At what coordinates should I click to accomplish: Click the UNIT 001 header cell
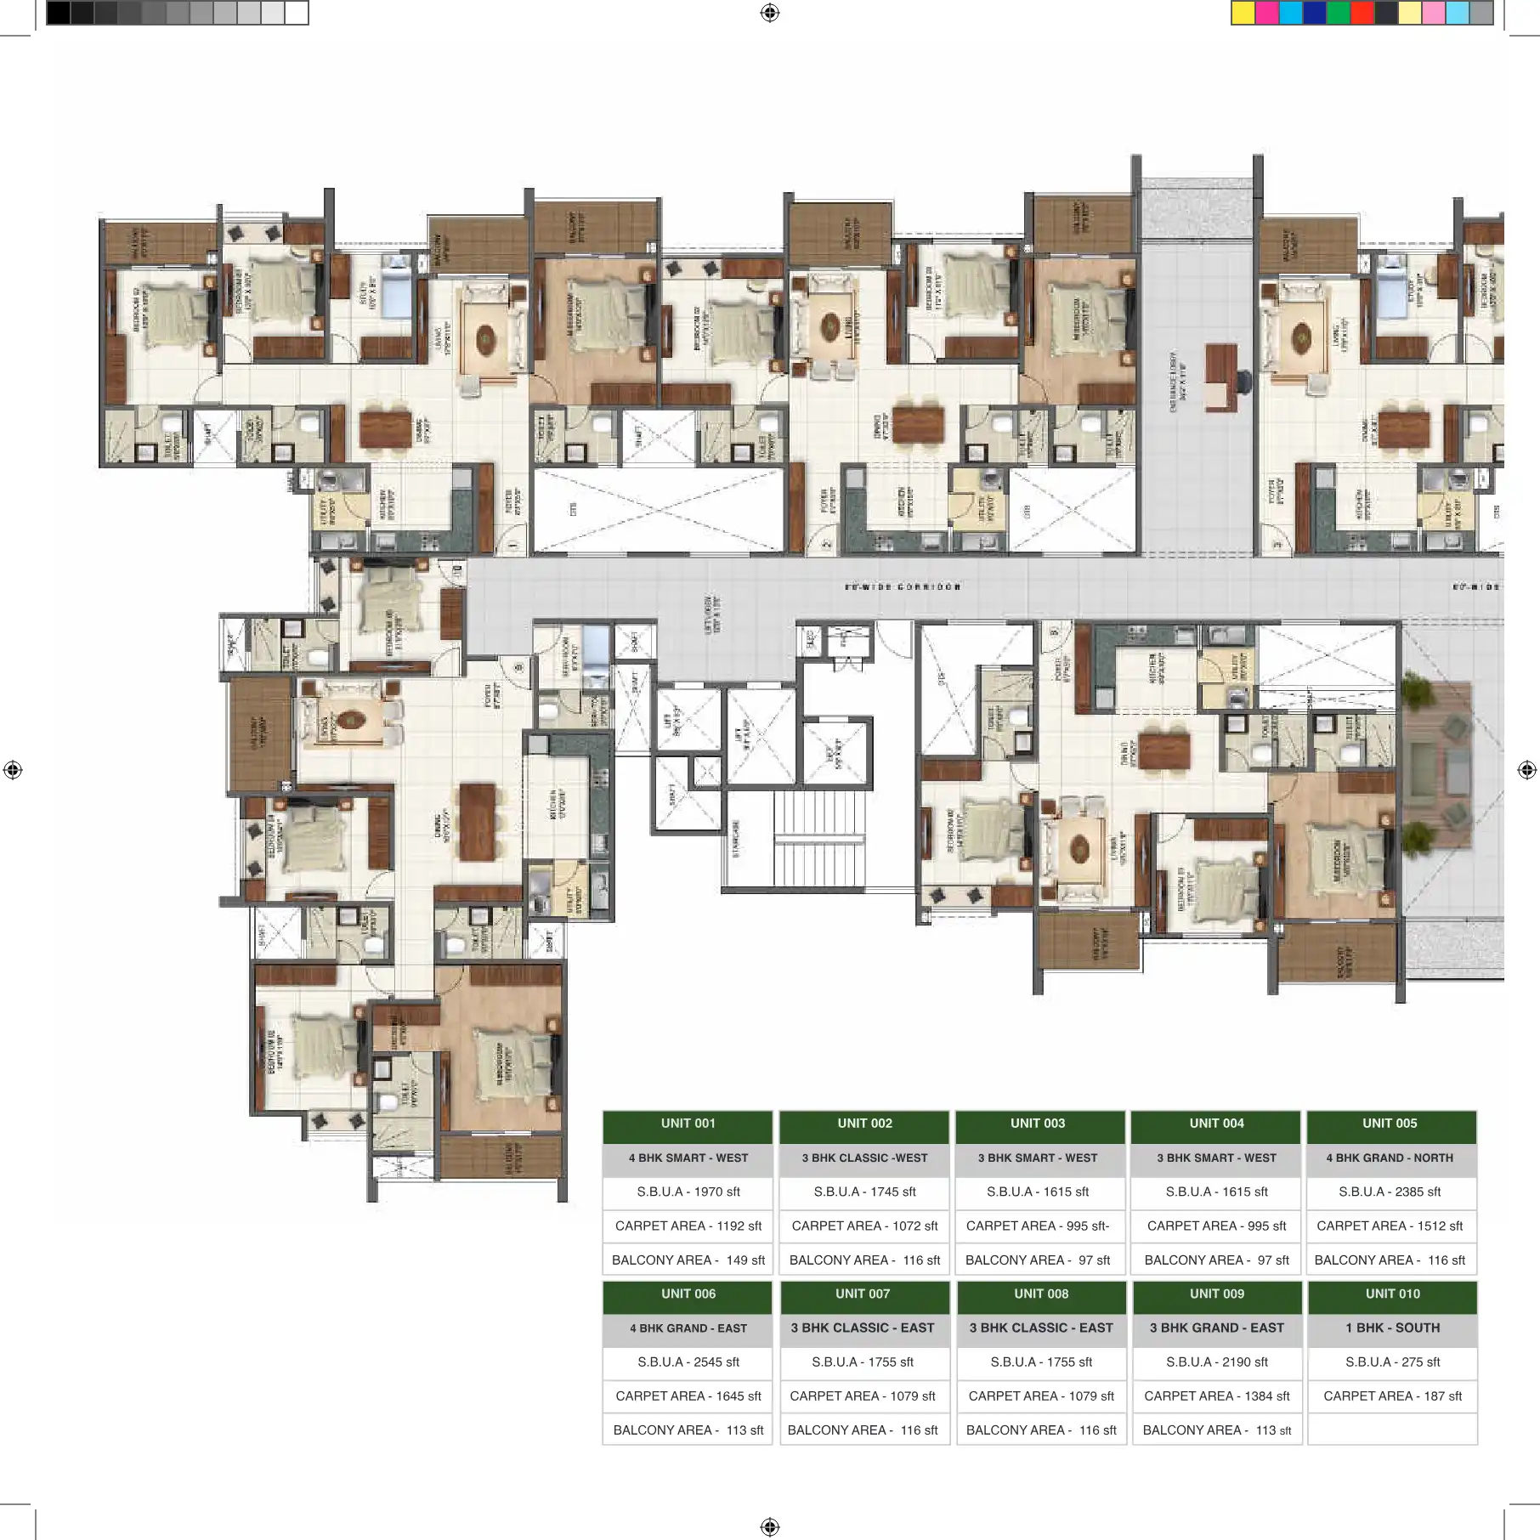tap(688, 1124)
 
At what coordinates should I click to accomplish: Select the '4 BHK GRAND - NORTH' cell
tap(1390, 1158)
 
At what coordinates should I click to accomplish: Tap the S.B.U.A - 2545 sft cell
tap(688, 1362)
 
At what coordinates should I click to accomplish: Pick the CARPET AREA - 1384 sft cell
tap(1216, 1396)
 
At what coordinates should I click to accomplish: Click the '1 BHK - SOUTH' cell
tap(1392, 1328)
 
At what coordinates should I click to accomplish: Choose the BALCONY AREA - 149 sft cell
tap(688, 1260)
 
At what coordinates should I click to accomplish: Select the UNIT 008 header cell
tap(1040, 1294)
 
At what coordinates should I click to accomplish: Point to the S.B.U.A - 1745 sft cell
tap(864, 1192)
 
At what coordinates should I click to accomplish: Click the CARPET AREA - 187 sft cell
tap(1392, 1396)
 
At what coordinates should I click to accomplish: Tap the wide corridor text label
tap(903, 586)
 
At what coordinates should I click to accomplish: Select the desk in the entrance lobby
tap(1221, 377)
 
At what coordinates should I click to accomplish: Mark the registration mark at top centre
tap(770, 13)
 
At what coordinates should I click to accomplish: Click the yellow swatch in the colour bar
tap(1243, 13)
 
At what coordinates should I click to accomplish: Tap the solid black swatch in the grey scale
tap(58, 13)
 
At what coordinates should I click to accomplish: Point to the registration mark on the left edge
tap(13, 770)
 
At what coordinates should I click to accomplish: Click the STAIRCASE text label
tap(736, 838)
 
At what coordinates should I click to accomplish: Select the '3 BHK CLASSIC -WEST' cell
tap(864, 1158)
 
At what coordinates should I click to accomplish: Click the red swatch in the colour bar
tap(1362, 13)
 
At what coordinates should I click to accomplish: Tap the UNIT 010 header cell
tap(1392, 1294)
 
